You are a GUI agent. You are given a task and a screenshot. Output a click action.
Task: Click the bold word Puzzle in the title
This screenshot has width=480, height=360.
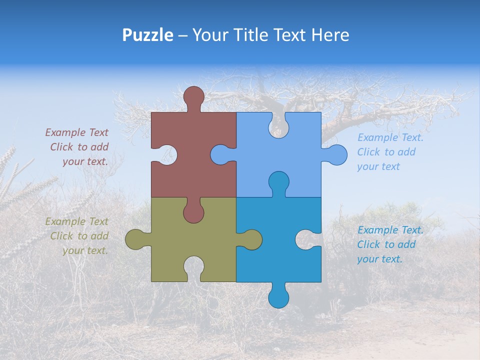click(147, 35)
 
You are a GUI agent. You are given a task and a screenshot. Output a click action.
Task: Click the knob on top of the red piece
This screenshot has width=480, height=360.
click(193, 95)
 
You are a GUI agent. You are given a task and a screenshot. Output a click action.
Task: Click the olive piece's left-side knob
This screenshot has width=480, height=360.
click(134, 239)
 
